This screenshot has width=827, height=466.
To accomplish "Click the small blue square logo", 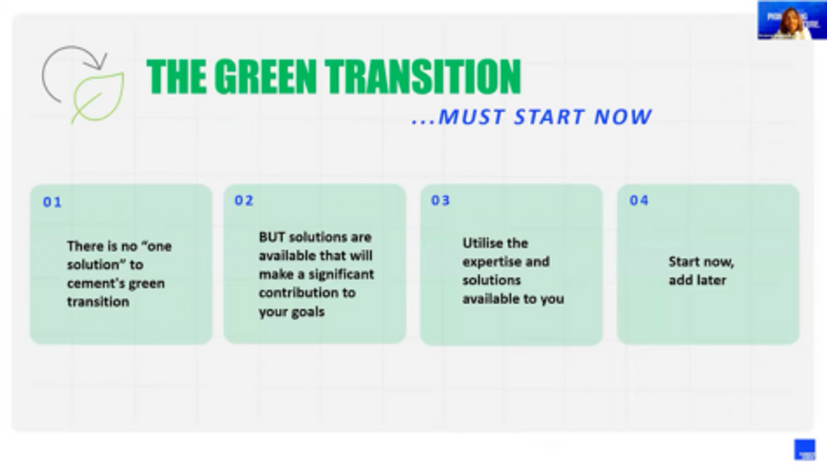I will (805, 449).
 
